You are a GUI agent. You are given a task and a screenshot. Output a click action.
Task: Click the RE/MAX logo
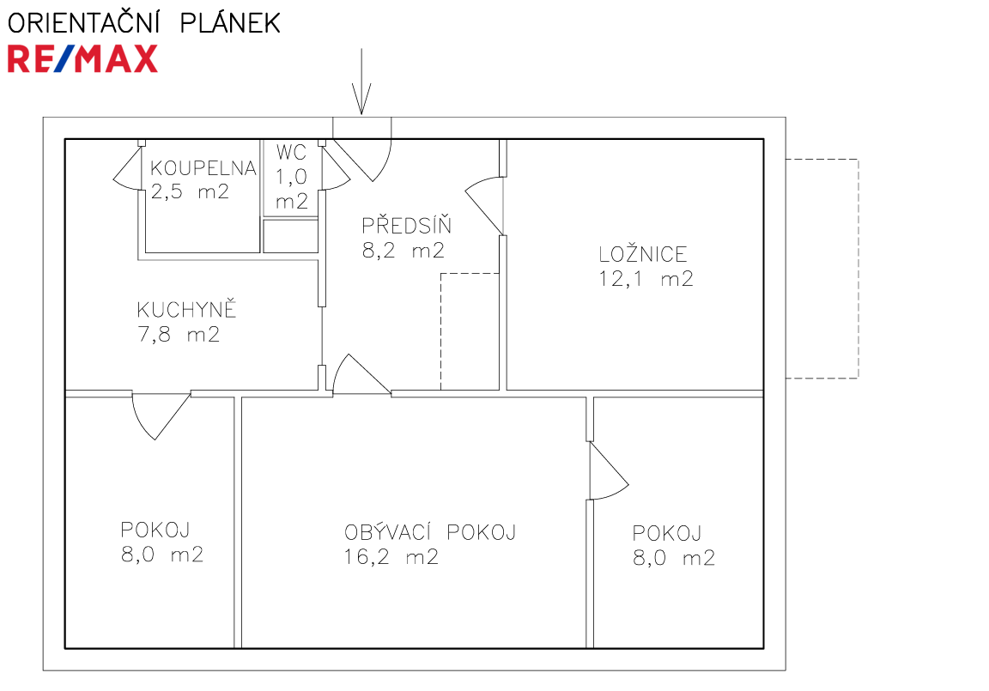click(x=82, y=58)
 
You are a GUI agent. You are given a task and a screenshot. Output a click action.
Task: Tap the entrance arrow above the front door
click(x=361, y=82)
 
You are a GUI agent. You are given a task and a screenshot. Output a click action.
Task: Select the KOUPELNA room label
click(x=203, y=167)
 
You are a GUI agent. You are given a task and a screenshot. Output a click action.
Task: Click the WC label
click(x=291, y=152)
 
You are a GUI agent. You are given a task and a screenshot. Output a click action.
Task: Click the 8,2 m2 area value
click(x=403, y=251)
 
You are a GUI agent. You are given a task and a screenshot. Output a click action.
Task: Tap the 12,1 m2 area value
click(x=646, y=279)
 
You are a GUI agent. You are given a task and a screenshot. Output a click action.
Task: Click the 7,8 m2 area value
click(x=179, y=334)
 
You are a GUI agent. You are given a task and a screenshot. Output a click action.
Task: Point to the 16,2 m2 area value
click(x=391, y=557)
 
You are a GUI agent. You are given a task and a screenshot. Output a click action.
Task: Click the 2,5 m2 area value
click(x=189, y=191)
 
